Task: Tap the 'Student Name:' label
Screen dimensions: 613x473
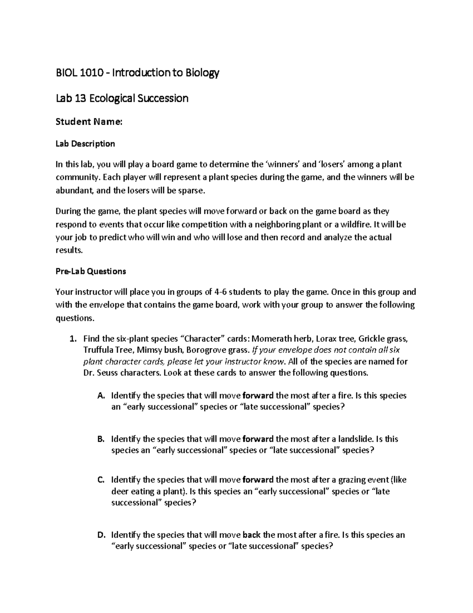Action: [x=89, y=122]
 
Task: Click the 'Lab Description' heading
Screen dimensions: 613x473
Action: [x=85, y=144]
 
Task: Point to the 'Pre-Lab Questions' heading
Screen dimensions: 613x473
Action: [x=91, y=272]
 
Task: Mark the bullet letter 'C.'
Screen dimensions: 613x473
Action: [x=101, y=480]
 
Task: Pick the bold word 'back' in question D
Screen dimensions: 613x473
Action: [x=251, y=536]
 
